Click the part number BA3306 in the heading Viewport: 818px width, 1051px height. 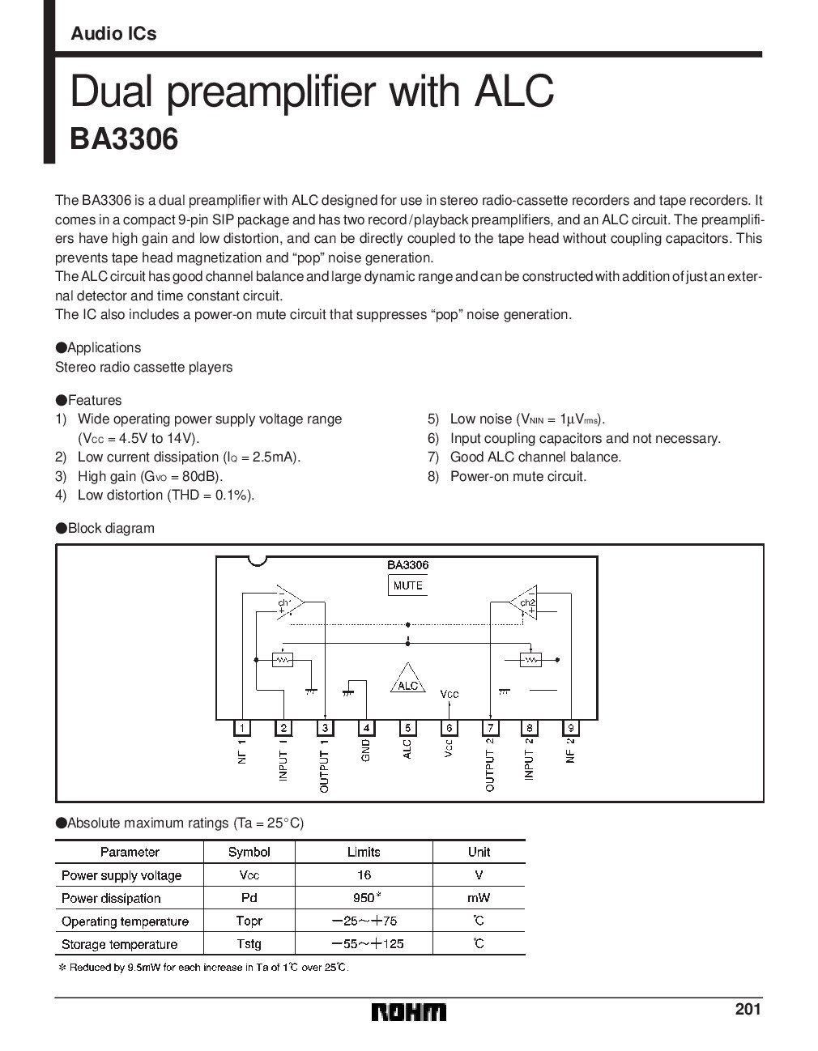[x=124, y=139]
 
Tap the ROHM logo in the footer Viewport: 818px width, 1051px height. [x=409, y=1012]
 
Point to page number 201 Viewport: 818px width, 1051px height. [x=748, y=1009]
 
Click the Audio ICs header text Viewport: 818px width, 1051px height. [x=113, y=34]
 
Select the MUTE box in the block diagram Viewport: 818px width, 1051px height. [x=407, y=585]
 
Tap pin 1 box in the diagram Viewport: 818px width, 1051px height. [x=242, y=727]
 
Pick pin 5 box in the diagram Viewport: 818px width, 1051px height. [x=407, y=727]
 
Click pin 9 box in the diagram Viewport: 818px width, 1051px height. [x=571, y=727]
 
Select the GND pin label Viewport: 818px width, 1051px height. [x=366, y=750]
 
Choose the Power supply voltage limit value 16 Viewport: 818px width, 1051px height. [x=364, y=874]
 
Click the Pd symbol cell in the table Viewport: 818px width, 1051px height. [x=249, y=898]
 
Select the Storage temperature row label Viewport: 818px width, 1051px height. [x=119, y=944]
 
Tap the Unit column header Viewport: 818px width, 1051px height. [x=479, y=852]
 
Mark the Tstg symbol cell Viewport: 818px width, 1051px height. [x=249, y=944]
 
